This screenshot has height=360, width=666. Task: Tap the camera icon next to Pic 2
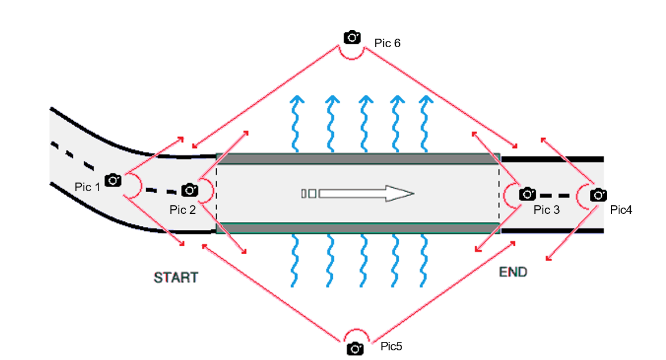(189, 189)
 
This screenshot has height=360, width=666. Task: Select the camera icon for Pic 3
(527, 194)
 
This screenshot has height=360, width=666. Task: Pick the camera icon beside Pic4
(598, 195)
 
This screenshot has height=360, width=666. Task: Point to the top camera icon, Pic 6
(352, 37)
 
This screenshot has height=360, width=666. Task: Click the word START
(176, 278)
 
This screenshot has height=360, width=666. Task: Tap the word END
(513, 272)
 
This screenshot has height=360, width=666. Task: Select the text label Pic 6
(387, 43)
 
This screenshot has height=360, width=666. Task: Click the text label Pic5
(391, 346)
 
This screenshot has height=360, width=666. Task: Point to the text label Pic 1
(87, 187)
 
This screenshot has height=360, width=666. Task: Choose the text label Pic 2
(183, 210)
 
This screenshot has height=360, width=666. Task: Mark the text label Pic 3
(546, 210)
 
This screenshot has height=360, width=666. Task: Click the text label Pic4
(621, 210)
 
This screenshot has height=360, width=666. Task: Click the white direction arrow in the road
(364, 193)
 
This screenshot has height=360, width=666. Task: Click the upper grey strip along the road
(358, 159)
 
